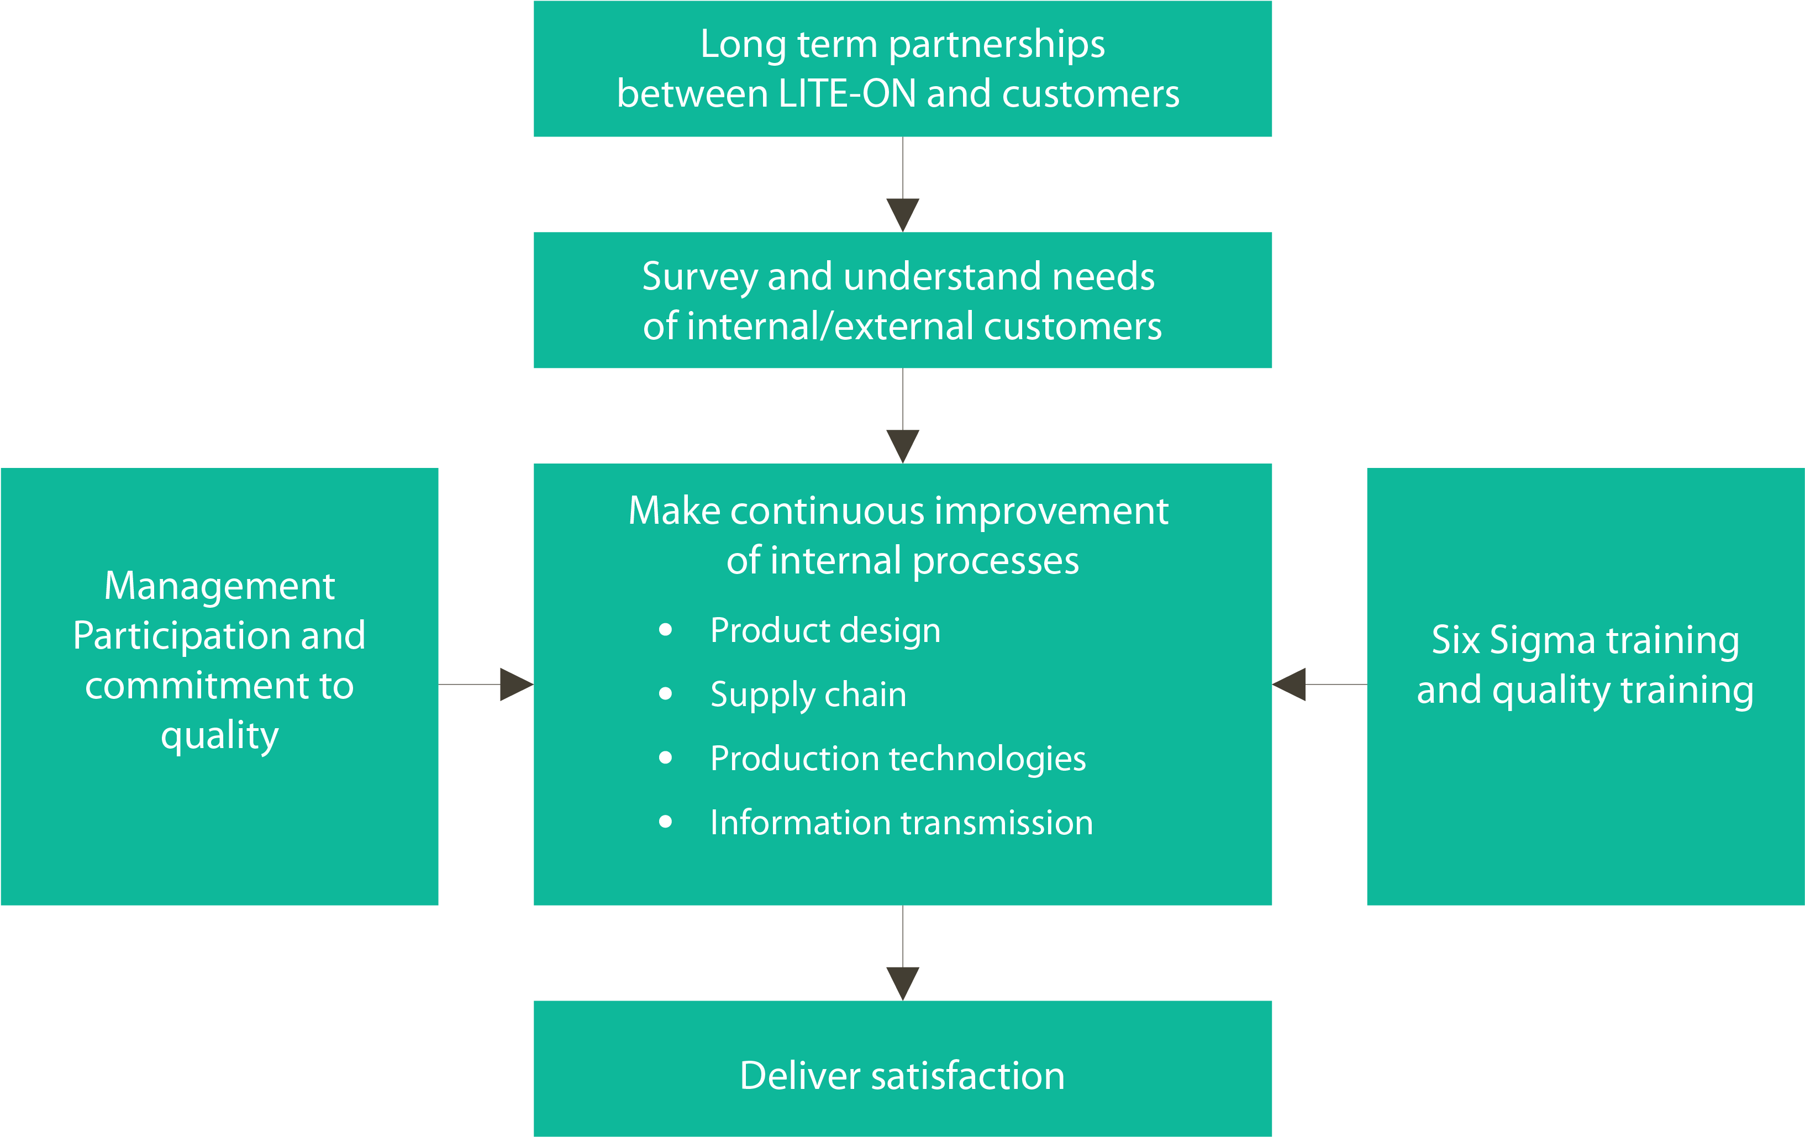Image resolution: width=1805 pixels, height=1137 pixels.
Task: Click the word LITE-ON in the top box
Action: click(x=847, y=94)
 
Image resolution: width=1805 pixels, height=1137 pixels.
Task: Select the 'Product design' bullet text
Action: click(x=824, y=630)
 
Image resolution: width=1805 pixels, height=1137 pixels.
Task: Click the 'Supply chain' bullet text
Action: click(x=808, y=695)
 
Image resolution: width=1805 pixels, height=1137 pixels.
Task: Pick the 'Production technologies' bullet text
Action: click(x=897, y=759)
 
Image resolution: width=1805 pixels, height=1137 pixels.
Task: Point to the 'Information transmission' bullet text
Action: click(x=901, y=823)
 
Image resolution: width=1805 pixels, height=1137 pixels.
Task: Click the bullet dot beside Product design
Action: click(x=665, y=630)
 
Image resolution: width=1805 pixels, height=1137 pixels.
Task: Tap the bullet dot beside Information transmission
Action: click(x=665, y=822)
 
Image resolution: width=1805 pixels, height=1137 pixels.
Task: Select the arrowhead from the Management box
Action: click(x=515, y=685)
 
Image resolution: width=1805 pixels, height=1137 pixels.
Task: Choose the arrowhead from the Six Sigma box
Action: click(x=1290, y=685)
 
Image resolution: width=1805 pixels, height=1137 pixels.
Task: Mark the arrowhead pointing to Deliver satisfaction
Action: click(x=903, y=983)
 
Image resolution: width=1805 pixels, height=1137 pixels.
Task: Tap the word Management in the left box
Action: click(x=219, y=586)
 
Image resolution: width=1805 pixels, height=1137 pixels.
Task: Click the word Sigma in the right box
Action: click(x=1542, y=641)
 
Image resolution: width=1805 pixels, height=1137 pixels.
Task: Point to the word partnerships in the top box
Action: click(x=996, y=45)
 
